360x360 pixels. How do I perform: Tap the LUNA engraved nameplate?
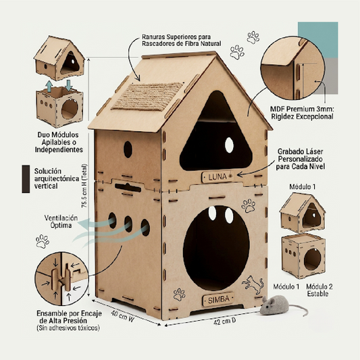coord(217,177)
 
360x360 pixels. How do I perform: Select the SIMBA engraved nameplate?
coord(218,299)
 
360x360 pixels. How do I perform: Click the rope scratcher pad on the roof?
coord(148,97)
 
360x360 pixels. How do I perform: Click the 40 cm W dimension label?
coord(122,316)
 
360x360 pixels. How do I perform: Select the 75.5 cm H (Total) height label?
coord(84,186)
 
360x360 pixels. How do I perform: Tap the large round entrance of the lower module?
coord(216,248)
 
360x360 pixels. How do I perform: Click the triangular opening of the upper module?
coord(216,136)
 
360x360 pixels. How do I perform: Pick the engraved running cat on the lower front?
coord(253,285)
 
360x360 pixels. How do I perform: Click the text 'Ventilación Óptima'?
coord(61,222)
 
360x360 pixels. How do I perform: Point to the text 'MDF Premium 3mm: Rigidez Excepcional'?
coord(302,113)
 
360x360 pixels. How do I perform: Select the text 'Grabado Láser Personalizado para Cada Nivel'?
coord(301,159)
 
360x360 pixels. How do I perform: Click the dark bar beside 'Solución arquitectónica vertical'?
coord(26,179)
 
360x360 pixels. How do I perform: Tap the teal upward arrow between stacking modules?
coord(49,86)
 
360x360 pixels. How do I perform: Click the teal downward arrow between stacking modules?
coord(69,85)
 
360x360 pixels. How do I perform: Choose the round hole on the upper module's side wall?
coord(128,149)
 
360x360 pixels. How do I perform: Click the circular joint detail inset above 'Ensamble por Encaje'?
coord(61,279)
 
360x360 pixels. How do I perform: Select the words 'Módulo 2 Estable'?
coord(319,290)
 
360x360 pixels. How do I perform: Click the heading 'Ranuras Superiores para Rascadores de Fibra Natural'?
coord(182,40)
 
